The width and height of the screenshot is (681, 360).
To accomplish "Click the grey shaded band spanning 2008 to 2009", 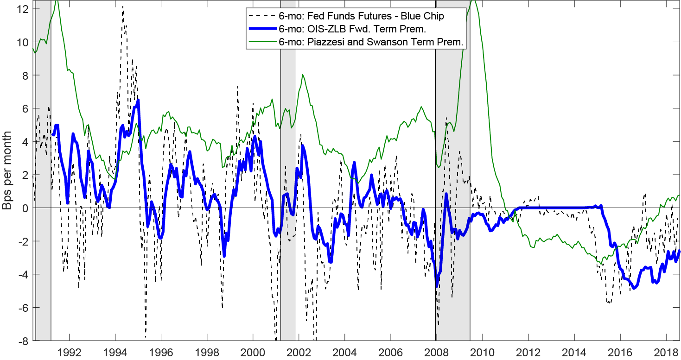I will [x=452, y=185].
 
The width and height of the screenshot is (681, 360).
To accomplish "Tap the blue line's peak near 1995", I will [x=138, y=101].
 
